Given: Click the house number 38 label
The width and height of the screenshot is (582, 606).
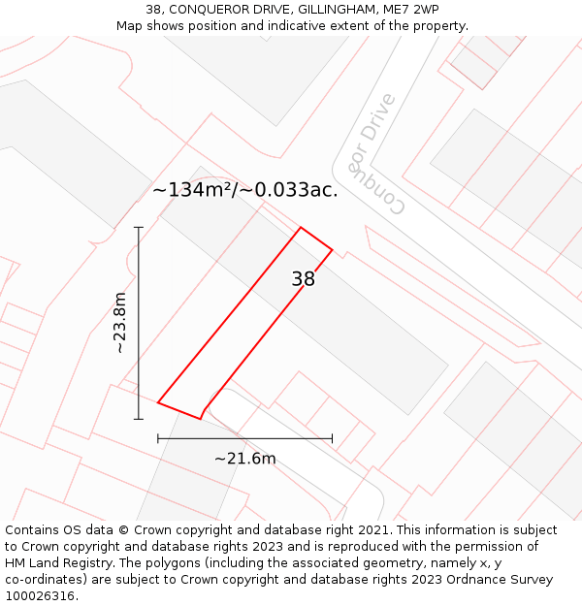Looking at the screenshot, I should (x=303, y=280).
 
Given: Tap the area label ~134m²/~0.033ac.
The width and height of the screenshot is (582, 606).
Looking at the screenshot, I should (x=245, y=190).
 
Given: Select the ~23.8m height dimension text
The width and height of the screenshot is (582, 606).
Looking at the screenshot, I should (x=120, y=323).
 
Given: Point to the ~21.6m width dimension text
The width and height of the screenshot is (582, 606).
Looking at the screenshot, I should (x=244, y=459).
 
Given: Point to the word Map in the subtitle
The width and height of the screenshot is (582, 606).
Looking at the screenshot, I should (x=130, y=26).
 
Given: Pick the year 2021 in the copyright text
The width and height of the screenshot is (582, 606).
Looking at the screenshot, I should (x=371, y=530).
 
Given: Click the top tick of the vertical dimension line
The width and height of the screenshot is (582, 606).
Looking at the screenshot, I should (x=139, y=228).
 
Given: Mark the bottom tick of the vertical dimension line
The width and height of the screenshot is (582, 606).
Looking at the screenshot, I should (x=139, y=419).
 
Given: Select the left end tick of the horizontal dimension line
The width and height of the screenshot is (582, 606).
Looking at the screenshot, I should (x=158, y=438).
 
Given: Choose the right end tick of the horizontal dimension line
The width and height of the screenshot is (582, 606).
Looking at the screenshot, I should (x=332, y=438).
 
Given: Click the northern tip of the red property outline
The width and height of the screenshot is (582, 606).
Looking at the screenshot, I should (x=301, y=228).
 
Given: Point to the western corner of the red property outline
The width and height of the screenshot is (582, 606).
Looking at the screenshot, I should (x=158, y=401).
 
